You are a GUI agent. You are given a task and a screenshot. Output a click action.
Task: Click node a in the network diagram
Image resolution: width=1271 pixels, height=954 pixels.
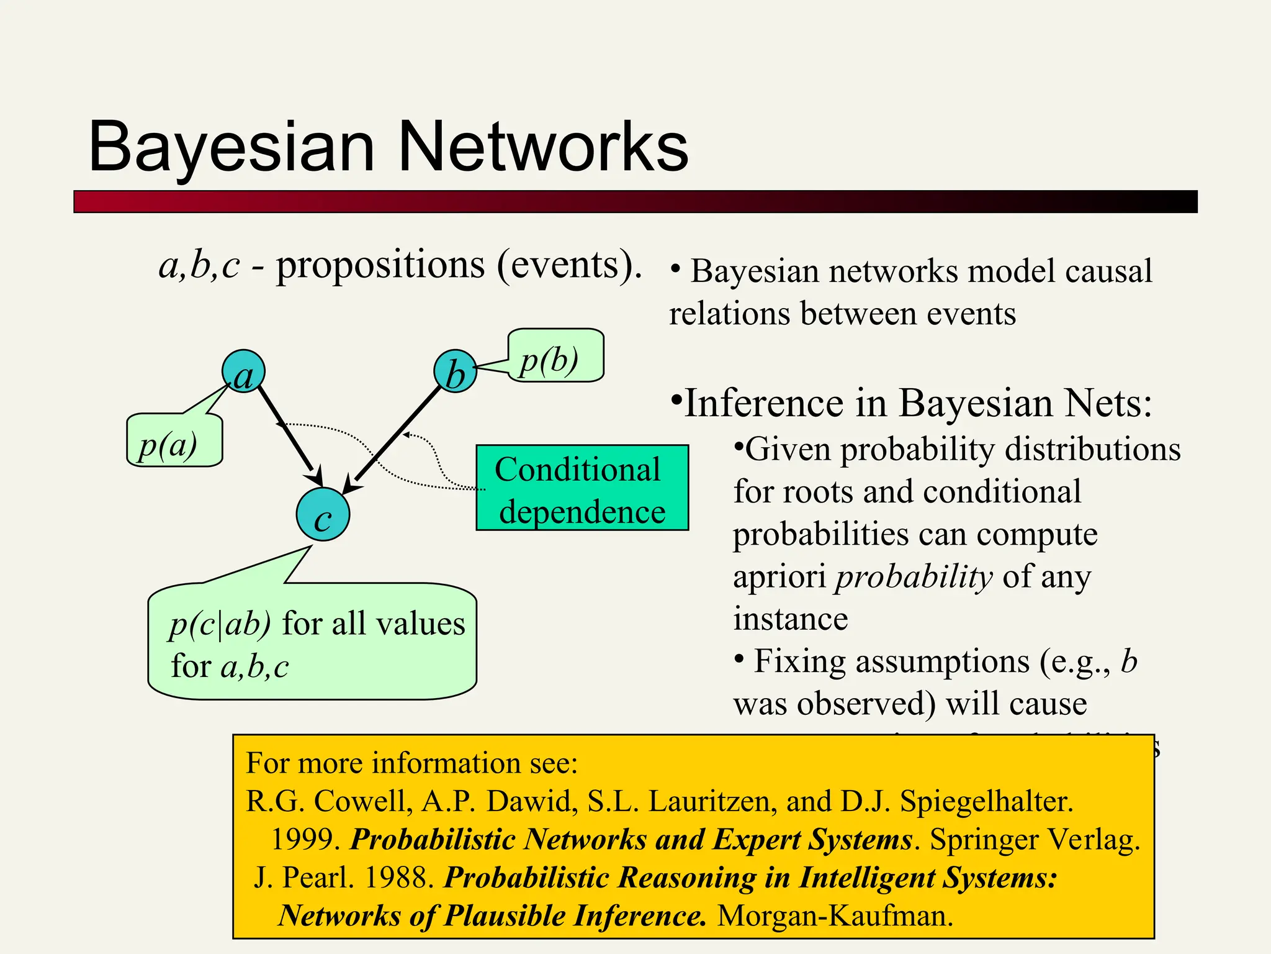click(x=243, y=371)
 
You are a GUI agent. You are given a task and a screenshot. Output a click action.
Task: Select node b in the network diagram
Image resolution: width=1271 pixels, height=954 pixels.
click(x=455, y=371)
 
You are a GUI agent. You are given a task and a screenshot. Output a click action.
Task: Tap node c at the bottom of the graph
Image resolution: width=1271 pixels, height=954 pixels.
click(x=323, y=514)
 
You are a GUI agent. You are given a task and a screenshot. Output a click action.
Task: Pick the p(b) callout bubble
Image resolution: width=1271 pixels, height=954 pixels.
click(x=555, y=356)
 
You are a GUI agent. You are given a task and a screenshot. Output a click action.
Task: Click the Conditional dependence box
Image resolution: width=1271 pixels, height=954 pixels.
click(x=582, y=488)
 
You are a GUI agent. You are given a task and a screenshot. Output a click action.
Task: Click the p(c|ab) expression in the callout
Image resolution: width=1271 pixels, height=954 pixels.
click(x=220, y=624)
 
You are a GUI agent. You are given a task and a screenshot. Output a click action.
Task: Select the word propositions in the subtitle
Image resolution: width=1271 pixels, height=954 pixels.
click(x=380, y=265)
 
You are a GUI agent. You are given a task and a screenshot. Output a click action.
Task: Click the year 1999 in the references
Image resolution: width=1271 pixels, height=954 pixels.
click(x=305, y=840)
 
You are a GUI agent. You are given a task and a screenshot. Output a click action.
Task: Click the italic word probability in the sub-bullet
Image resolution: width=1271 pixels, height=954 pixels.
click(x=914, y=576)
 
